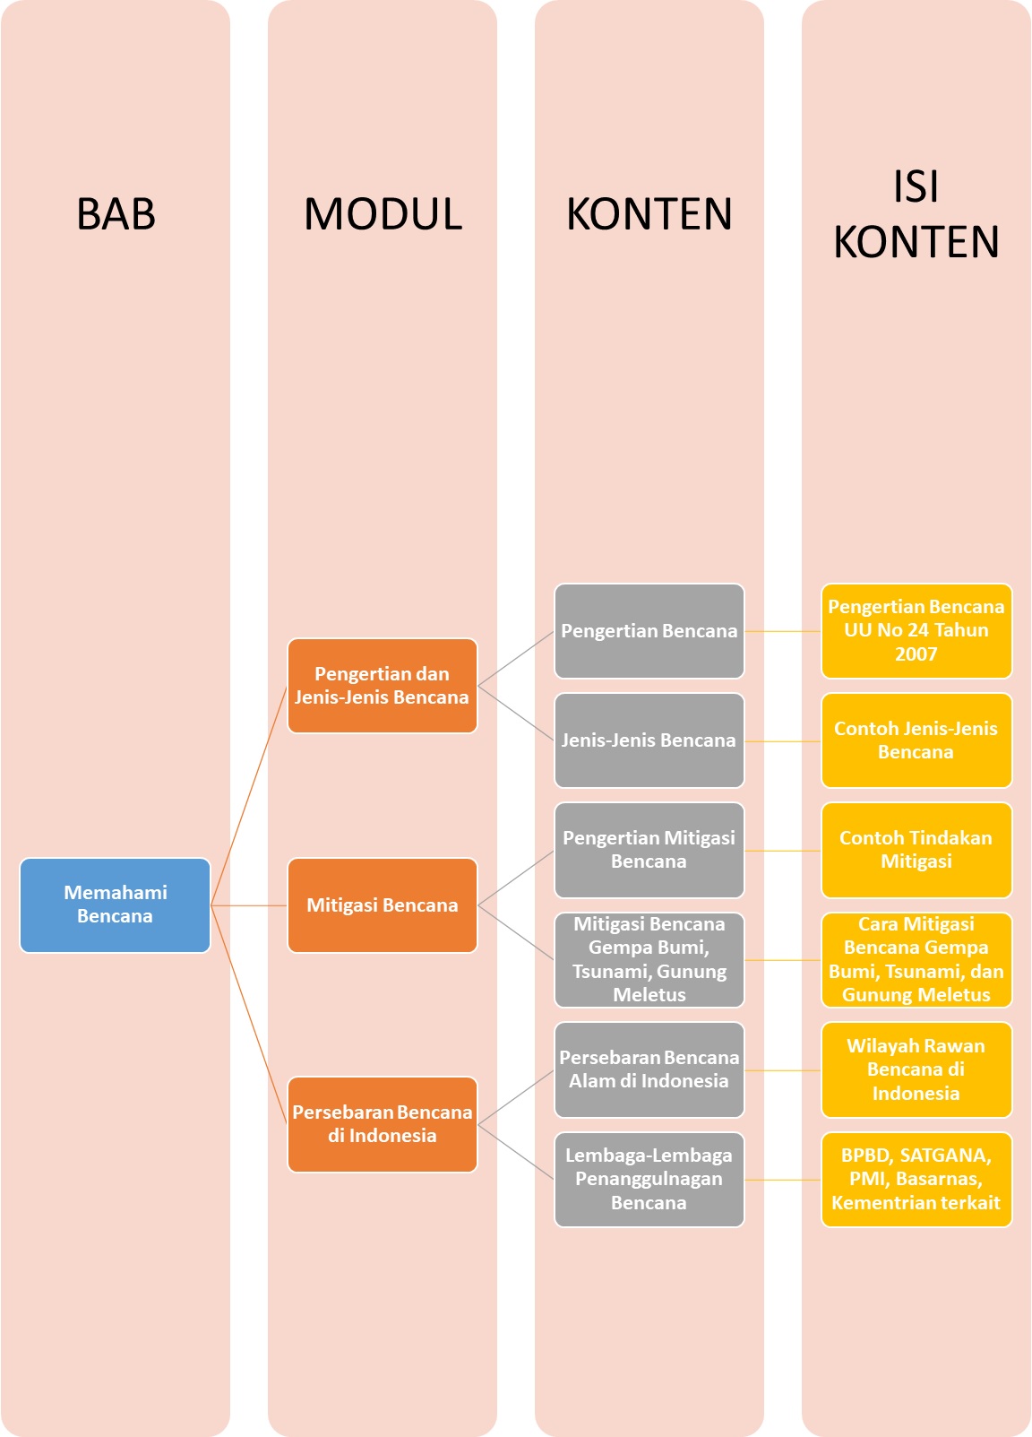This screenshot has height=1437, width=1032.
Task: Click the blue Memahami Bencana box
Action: (x=115, y=905)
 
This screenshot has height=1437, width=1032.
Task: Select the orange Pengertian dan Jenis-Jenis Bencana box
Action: (x=382, y=686)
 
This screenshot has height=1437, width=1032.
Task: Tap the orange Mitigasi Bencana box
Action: (x=382, y=905)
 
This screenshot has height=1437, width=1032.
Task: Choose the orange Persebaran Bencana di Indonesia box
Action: (x=382, y=1124)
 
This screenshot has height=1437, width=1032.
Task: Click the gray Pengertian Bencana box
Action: (x=649, y=631)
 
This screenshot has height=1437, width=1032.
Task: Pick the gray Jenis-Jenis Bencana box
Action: (x=649, y=740)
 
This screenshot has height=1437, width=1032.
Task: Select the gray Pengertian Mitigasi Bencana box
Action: (x=649, y=850)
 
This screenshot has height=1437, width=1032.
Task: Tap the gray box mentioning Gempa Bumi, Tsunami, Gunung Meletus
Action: (x=649, y=959)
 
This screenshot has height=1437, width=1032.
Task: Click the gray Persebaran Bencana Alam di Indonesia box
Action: (x=649, y=1069)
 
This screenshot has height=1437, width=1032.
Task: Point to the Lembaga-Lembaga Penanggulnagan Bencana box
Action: (x=649, y=1179)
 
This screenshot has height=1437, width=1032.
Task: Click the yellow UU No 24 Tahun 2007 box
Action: (x=916, y=631)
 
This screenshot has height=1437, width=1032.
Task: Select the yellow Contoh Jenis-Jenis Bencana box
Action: (x=916, y=740)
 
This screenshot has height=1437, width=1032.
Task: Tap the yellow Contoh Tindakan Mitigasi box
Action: (x=916, y=850)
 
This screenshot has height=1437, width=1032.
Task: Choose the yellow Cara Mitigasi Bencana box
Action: (x=916, y=959)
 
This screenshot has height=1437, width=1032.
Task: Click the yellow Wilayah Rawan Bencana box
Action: (x=916, y=1069)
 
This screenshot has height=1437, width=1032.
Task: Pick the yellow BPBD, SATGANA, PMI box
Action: (x=916, y=1179)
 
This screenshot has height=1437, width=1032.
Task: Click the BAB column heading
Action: (x=116, y=214)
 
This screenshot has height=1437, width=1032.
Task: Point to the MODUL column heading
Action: (x=383, y=214)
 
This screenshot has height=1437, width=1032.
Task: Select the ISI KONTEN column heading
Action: (x=916, y=214)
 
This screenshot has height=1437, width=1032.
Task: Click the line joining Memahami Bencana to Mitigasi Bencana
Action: (x=249, y=905)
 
